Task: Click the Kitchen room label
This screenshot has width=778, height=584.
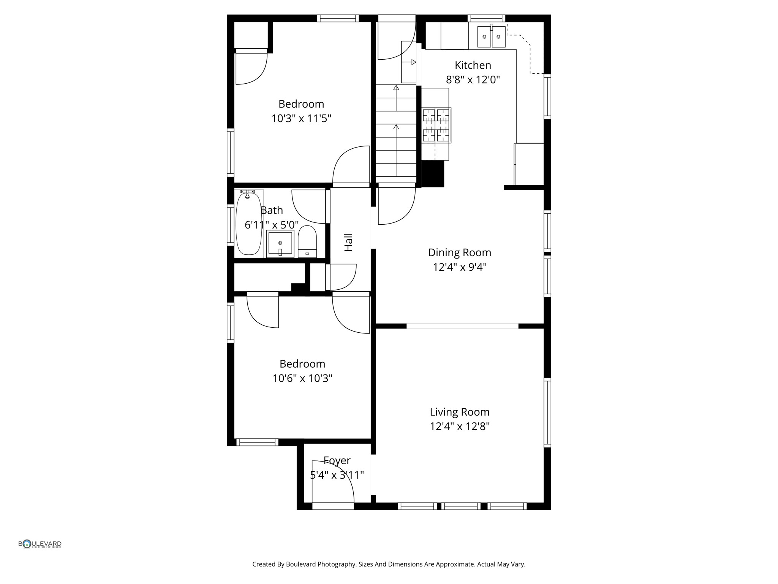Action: [473, 65]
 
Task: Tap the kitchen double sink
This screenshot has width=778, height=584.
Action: [491, 36]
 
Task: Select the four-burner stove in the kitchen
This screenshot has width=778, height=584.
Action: [436, 125]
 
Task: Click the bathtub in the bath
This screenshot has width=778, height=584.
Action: [249, 224]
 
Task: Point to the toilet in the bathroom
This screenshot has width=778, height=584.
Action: [307, 241]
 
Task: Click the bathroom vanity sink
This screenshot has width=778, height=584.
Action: [280, 243]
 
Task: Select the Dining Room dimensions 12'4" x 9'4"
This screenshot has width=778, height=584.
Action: [459, 267]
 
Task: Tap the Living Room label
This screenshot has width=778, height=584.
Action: [459, 412]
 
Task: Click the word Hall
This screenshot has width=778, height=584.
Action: [348, 242]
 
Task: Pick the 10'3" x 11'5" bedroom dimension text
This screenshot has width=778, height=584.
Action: [301, 119]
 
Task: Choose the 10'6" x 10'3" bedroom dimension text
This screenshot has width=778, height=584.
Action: [302, 378]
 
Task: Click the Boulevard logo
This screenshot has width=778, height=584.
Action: [40, 544]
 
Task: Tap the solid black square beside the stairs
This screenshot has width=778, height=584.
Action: [433, 174]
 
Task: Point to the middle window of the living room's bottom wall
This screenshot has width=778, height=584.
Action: [461, 506]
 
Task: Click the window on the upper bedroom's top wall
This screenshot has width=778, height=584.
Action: [338, 18]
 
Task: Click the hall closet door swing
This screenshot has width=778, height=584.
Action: [342, 276]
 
